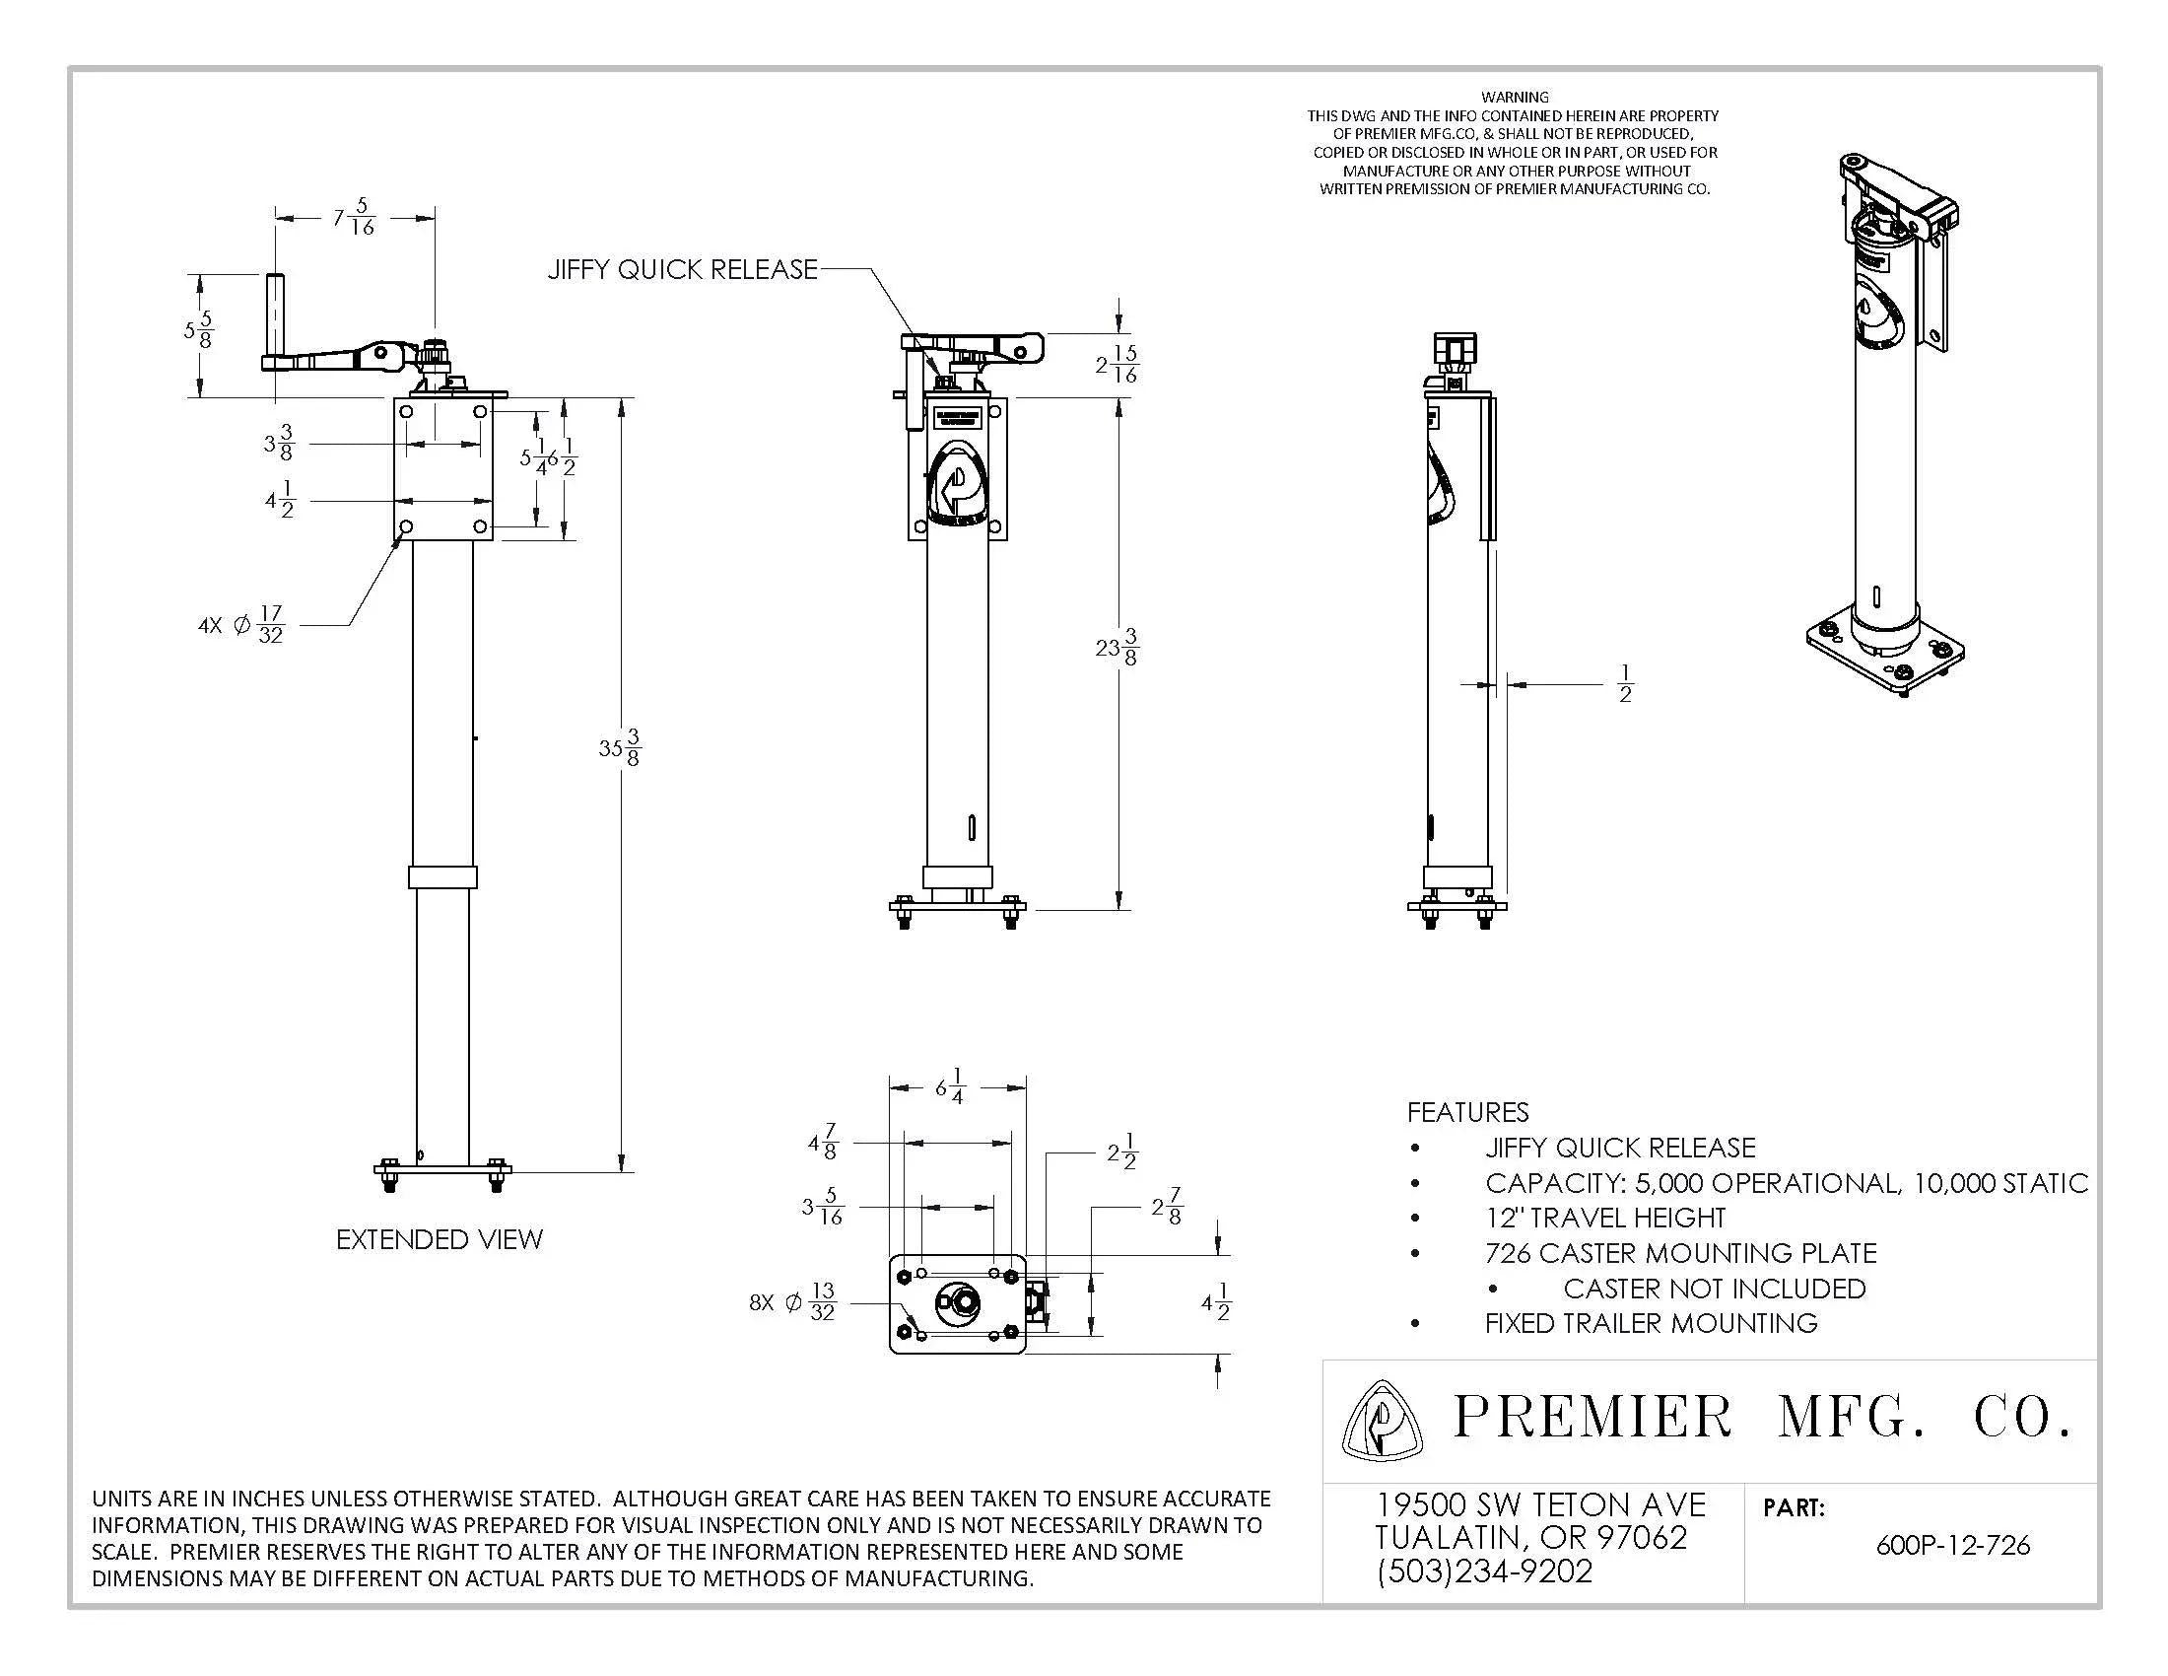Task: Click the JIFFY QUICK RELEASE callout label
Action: click(683, 269)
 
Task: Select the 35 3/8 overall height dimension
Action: click(620, 747)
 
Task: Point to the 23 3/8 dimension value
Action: click(1117, 649)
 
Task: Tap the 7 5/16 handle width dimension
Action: click(355, 218)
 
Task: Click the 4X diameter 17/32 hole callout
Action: click(241, 625)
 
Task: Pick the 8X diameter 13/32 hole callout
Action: click(792, 1301)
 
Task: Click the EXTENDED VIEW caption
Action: click(439, 1239)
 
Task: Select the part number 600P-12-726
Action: click(1951, 1545)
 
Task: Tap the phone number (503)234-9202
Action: click(1484, 1571)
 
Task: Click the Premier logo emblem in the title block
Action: click(1381, 1420)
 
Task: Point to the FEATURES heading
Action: click(1467, 1112)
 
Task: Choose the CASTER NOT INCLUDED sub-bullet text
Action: click(1714, 1288)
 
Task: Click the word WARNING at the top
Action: click(1514, 98)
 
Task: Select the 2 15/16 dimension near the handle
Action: click(1118, 365)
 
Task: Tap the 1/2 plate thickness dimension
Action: click(1625, 684)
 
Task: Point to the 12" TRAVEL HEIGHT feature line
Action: click(1605, 1218)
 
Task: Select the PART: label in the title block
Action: click(1794, 1507)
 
